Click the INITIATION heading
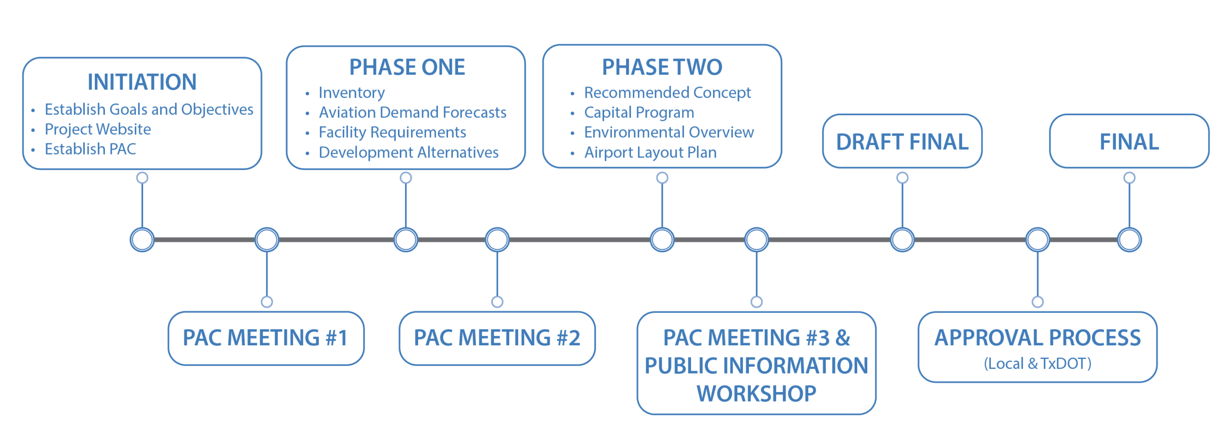[x=142, y=82]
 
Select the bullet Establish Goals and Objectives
[x=149, y=110]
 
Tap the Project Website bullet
[x=98, y=130]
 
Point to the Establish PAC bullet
[x=90, y=149]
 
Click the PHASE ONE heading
[x=407, y=67]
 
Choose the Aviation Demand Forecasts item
[x=412, y=113]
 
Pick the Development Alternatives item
[x=408, y=153]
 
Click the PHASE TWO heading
[x=662, y=67]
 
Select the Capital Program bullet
[x=639, y=113]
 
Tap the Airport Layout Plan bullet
[x=650, y=153]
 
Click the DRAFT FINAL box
[x=902, y=142]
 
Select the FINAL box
[x=1129, y=142]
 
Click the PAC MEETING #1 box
[x=266, y=338]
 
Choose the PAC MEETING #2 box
[x=497, y=338]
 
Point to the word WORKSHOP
[x=756, y=394]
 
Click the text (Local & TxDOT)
[x=1037, y=364]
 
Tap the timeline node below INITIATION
[x=142, y=240]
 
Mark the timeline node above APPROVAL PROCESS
[x=1037, y=240]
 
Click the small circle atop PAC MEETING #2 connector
[x=497, y=302]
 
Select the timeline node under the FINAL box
[x=1129, y=240]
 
